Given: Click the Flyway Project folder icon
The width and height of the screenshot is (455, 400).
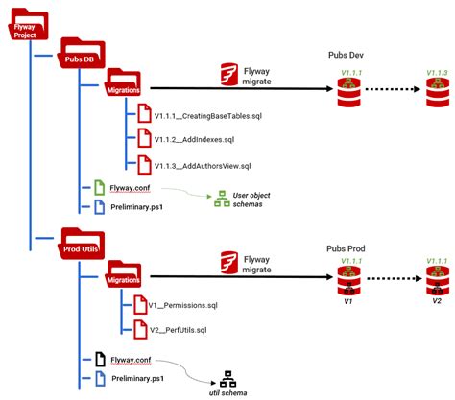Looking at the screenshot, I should pyautogui.click(x=25, y=27).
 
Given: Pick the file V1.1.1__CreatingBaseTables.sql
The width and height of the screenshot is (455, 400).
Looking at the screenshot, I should pyautogui.click(x=209, y=116).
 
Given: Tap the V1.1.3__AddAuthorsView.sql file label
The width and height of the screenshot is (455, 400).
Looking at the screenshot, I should pyautogui.click(x=202, y=166).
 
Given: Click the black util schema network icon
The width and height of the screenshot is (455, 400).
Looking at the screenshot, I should pyautogui.click(x=227, y=378).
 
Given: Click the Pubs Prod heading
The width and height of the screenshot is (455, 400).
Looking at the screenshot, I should pyautogui.click(x=347, y=248).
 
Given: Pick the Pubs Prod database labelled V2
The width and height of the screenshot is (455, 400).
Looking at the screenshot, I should pyautogui.click(x=437, y=283).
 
